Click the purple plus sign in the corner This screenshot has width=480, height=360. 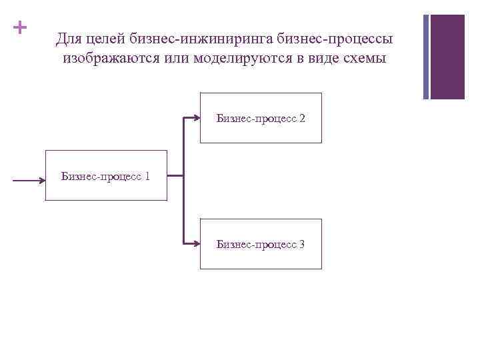21,28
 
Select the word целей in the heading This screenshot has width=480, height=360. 106,39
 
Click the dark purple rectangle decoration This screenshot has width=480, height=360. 448,57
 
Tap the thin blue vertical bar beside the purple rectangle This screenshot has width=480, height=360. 427,57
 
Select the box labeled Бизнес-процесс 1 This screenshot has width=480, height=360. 105,176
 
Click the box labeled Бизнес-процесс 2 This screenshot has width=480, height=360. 261,118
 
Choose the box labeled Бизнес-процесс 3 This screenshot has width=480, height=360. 261,244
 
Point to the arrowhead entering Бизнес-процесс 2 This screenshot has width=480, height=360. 197,118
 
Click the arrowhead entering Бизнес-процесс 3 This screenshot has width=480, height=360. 197,244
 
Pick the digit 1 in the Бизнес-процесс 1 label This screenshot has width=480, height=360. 147,177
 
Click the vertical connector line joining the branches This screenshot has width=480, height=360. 183,181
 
